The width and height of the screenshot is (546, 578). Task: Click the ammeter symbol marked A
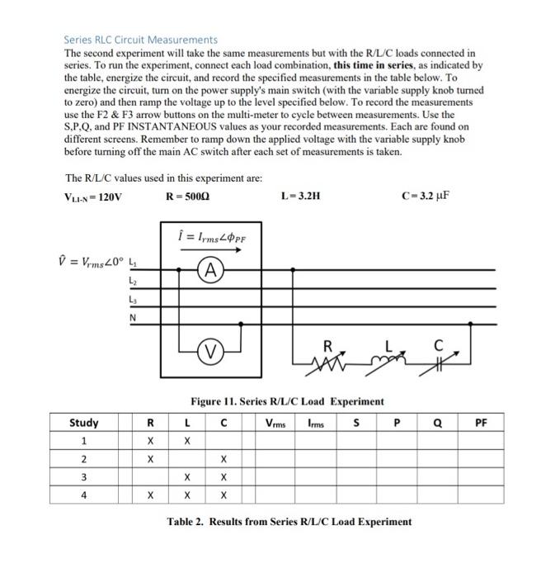point(210,268)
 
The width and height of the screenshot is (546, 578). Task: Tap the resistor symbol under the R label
point(326,355)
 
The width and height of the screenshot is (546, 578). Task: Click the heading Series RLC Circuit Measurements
point(141,39)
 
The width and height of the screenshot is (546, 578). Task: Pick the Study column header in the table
point(83,423)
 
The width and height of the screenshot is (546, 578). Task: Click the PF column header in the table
point(482,423)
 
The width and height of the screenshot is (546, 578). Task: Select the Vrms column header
point(276,423)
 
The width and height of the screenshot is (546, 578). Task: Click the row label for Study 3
point(83,476)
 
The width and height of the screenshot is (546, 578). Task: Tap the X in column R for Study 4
point(150,495)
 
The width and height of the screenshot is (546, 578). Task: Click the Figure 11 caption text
point(287,401)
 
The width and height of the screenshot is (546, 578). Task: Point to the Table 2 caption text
point(289,522)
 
